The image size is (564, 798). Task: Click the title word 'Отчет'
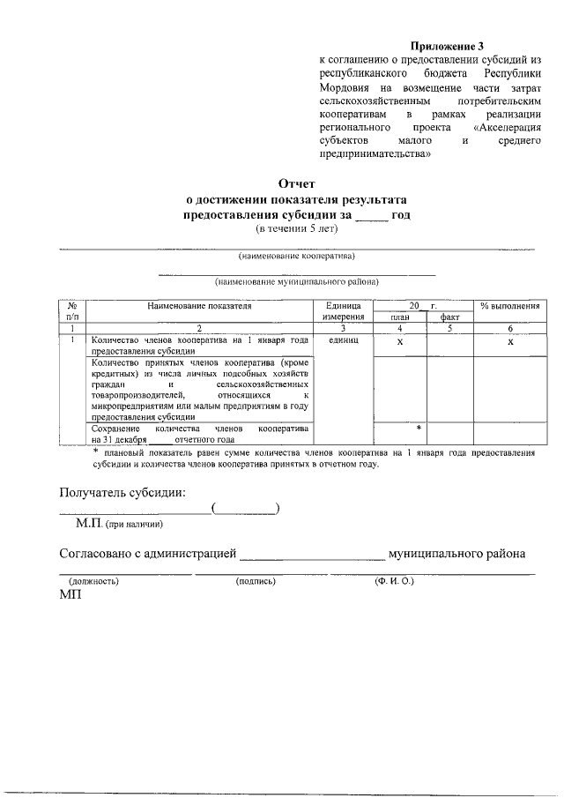[x=296, y=184]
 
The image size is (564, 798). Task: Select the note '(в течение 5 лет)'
[x=296, y=229]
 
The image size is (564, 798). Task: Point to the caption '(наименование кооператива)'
[x=297, y=257]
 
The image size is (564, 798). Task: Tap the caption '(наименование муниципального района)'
[x=297, y=282]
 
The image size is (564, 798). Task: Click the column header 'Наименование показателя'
[x=200, y=306]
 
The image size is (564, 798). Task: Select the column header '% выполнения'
[x=509, y=306]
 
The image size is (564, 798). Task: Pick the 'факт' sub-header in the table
[x=449, y=317]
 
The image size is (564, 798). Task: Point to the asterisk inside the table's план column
[x=419, y=427]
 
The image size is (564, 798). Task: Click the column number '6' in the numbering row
[x=509, y=328]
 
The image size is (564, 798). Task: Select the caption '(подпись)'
[x=256, y=582]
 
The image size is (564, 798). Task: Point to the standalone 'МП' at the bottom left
[x=70, y=596]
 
